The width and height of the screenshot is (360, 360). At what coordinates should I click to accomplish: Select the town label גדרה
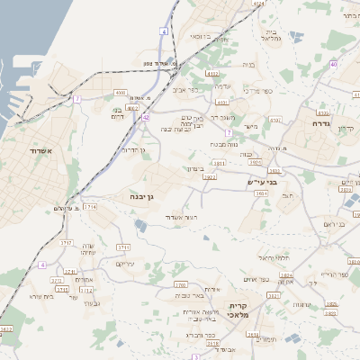coord(322,122)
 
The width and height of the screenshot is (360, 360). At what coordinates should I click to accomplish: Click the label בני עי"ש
coord(260,181)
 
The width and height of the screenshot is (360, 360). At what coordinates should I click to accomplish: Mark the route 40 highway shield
coord(333,64)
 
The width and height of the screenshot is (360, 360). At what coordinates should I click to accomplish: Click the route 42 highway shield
coord(145,116)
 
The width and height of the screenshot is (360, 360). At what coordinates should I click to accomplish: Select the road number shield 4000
coord(121,92)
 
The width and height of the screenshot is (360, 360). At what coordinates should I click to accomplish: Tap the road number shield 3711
coord(123,246)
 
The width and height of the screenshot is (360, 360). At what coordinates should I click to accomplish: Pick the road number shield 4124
coord(259,4)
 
